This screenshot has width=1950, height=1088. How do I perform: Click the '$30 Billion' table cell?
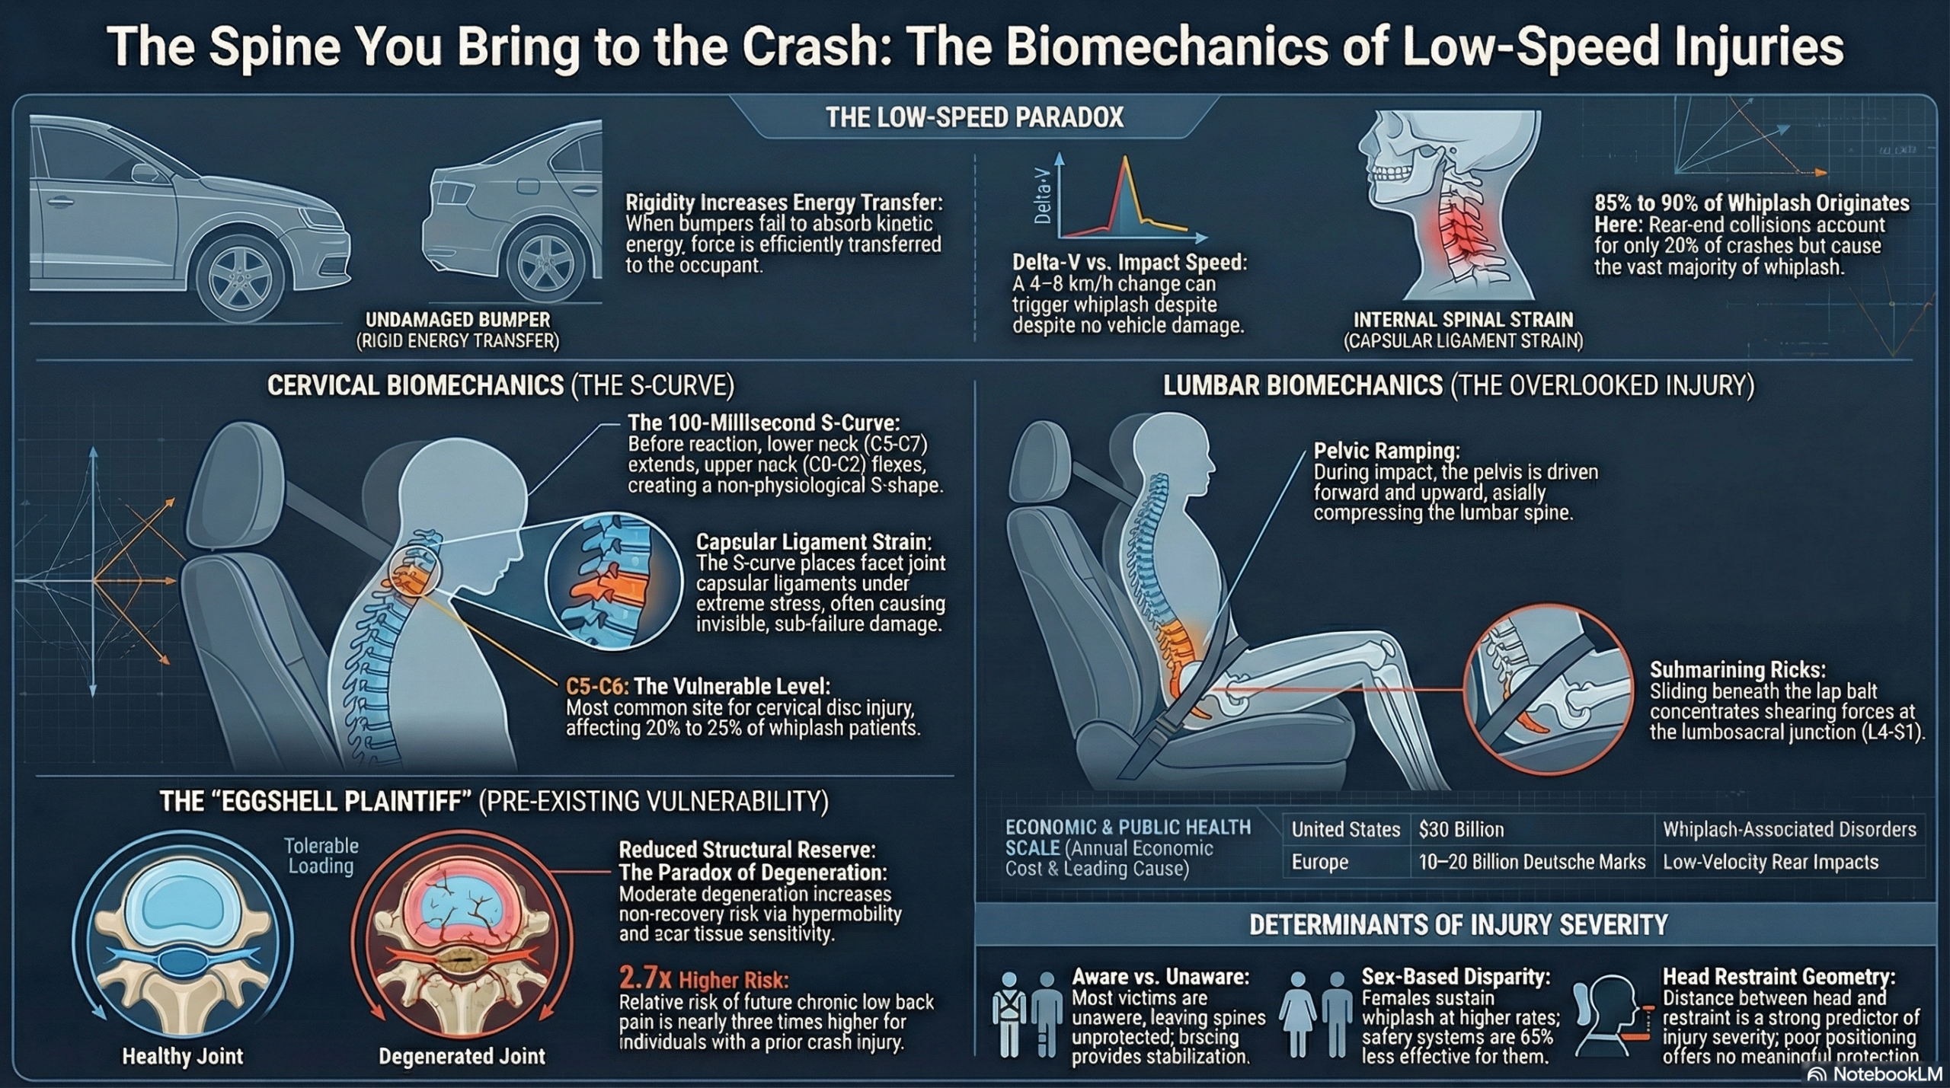(x=1461, y=829)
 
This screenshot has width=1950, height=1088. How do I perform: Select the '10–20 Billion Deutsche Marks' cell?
(x=1532, y=862)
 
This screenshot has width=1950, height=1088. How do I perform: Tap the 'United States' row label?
(x=1346, y=829)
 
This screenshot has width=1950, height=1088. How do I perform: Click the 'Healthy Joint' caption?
(x=183, y=1056)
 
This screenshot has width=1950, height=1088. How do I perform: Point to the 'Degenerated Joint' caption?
(x=462, y=1056)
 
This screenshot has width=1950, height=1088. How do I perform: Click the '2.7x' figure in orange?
(x=645, y=978)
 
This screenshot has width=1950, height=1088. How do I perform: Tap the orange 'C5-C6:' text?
(x=597, y=686)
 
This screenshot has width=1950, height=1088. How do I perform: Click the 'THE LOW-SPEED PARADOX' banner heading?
(x=974, y=117)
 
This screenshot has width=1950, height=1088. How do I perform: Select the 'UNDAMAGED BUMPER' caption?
(x=458, y=320)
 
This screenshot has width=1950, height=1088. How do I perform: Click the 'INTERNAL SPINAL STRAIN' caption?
(x=1462, y=320)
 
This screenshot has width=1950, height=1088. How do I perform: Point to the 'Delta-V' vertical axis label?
(x=1042, y=196)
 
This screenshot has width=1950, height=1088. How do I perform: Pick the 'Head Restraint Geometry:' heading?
(x=1779, y=977)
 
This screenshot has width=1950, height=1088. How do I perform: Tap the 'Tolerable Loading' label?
(x=321, y=856)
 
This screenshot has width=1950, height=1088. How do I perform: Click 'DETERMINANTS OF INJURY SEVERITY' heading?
(x=1458, y=925)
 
